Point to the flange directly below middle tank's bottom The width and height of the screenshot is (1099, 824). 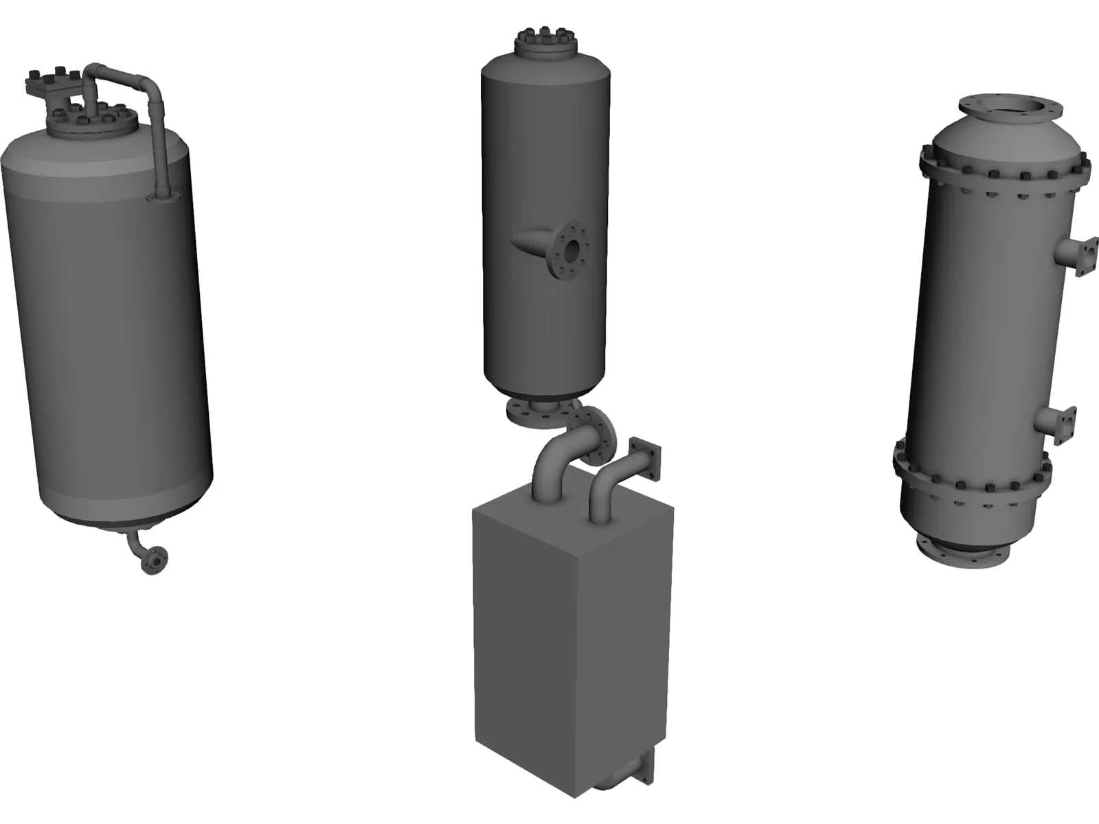coord(532,414)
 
